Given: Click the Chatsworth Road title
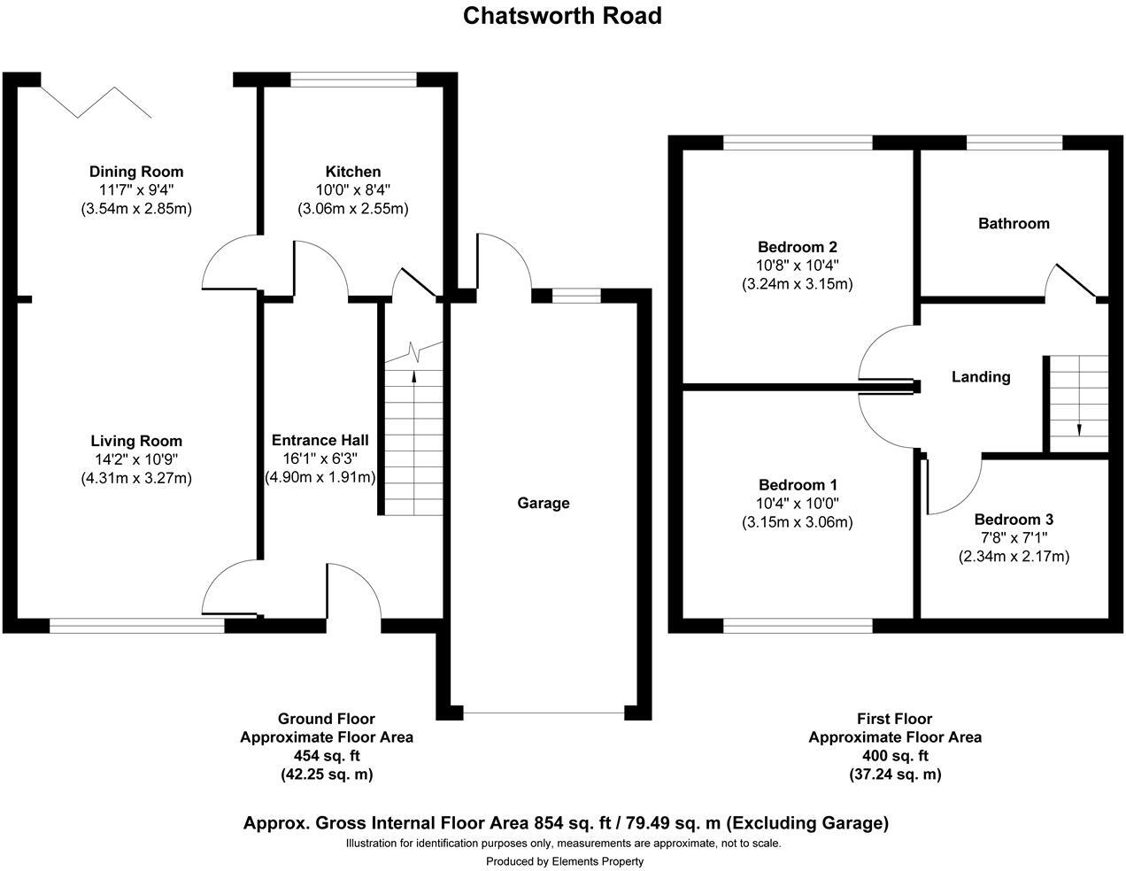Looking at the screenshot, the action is tap(562, 16).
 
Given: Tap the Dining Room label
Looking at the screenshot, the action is tap(136, 172).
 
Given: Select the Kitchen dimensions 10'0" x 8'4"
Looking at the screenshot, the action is tap(353, 190).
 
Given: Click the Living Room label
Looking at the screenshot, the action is tap(136, 441).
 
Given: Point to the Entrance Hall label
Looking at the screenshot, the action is tap(320, 440).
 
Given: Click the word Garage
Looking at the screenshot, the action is tap(543, 503).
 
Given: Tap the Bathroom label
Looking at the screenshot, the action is tap(1014, 223).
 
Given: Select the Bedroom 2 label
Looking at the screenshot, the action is tap(797, 247).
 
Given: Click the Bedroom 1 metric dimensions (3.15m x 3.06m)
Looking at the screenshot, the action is tap(797, 521).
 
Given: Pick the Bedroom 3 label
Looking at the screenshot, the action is tap(1014, 520).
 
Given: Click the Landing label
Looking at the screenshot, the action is tap(981, 377).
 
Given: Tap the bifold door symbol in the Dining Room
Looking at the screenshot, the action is tap(96, 102).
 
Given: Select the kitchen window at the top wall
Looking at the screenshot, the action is tap(353, 80).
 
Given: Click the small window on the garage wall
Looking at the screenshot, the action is tap(576, 296).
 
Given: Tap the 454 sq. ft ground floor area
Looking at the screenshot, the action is tap(327, 755).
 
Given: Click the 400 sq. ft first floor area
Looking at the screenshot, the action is tap(895, 755).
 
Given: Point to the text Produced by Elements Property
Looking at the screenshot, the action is tap(564, 861).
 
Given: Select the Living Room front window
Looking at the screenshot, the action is tap(137, 626).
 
